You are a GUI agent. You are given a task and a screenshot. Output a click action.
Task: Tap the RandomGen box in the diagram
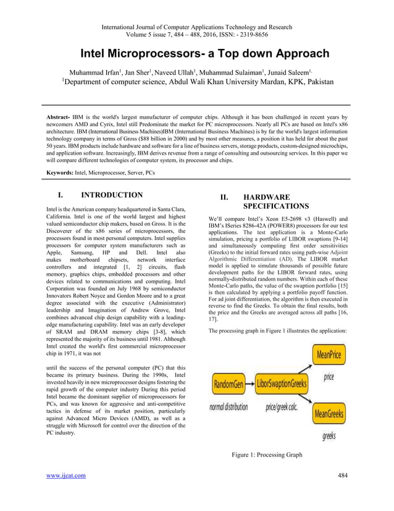coord(228,384)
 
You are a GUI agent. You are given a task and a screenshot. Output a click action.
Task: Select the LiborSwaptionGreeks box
coord(281,384)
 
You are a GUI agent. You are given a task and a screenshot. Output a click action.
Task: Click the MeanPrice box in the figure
coord(329,355)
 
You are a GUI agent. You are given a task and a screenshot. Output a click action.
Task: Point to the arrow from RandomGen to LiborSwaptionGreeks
coord(248,384)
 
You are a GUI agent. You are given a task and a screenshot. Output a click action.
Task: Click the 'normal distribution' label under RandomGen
coord(228,407)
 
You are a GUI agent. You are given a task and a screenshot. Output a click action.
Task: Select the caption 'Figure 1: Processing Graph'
coord(267,455)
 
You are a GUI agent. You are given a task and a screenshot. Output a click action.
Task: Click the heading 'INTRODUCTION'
coord(112,195)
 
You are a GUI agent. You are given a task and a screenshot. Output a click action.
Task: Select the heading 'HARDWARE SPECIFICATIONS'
coord(275,201)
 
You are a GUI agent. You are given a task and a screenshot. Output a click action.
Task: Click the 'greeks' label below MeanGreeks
coord(329,436)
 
